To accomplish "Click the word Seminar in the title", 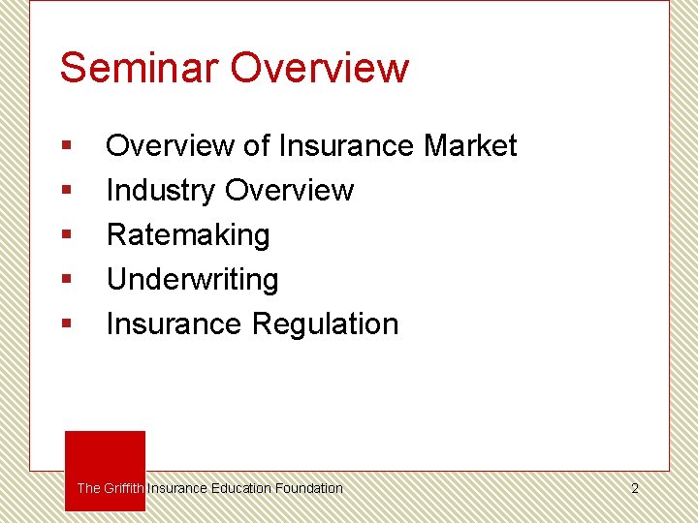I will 141,68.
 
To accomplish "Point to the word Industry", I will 161,191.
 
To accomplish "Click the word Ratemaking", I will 188,235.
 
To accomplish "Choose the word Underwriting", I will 192,280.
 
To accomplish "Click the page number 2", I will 635,489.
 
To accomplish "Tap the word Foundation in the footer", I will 308,488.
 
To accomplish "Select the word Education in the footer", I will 241,488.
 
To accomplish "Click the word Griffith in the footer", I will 124,488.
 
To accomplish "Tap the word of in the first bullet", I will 256,146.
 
